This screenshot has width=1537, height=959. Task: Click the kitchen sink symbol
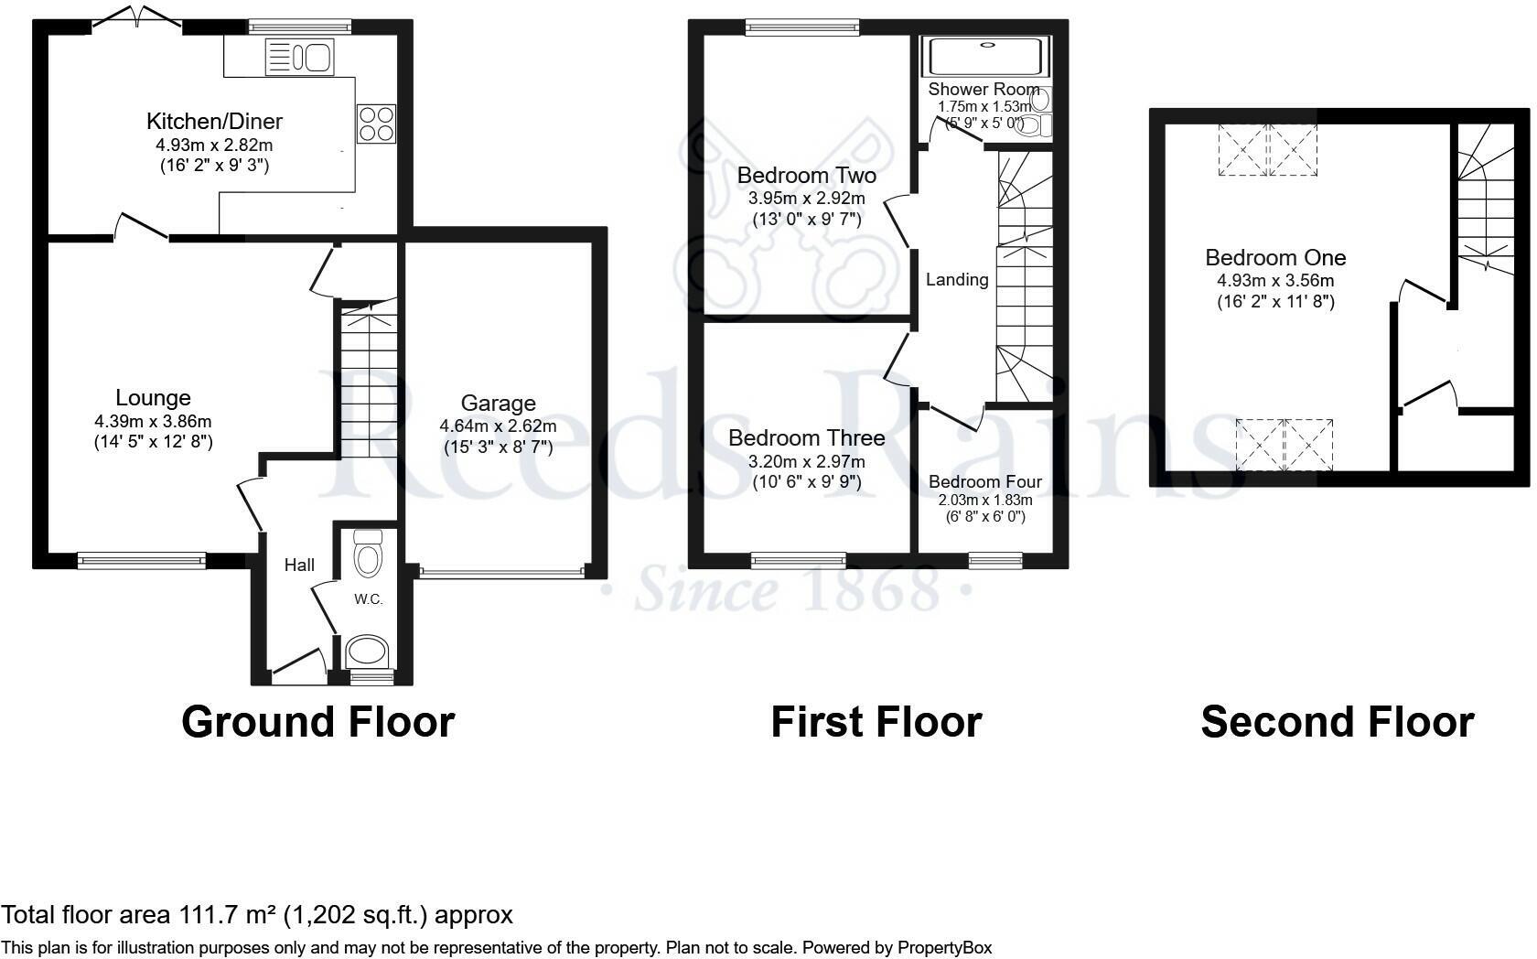299,58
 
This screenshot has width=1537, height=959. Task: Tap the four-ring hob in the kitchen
376,124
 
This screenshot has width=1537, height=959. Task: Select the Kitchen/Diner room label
214,121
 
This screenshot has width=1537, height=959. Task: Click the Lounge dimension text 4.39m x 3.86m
153,421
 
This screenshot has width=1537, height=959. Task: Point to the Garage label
498,403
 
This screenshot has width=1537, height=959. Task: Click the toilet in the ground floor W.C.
367,555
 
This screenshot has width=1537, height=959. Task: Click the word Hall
299,566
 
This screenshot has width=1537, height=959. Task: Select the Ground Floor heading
317,721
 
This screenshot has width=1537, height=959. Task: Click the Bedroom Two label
806,175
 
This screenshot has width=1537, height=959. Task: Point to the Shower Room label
983,89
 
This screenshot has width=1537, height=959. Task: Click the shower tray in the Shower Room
985,57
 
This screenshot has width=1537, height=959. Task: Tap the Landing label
957,280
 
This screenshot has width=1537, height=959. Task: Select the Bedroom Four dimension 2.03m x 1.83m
984,500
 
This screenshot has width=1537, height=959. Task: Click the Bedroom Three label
806,438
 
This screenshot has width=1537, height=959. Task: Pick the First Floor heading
876,721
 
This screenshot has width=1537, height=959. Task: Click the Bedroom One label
1274,258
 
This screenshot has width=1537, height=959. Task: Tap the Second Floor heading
1336,721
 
